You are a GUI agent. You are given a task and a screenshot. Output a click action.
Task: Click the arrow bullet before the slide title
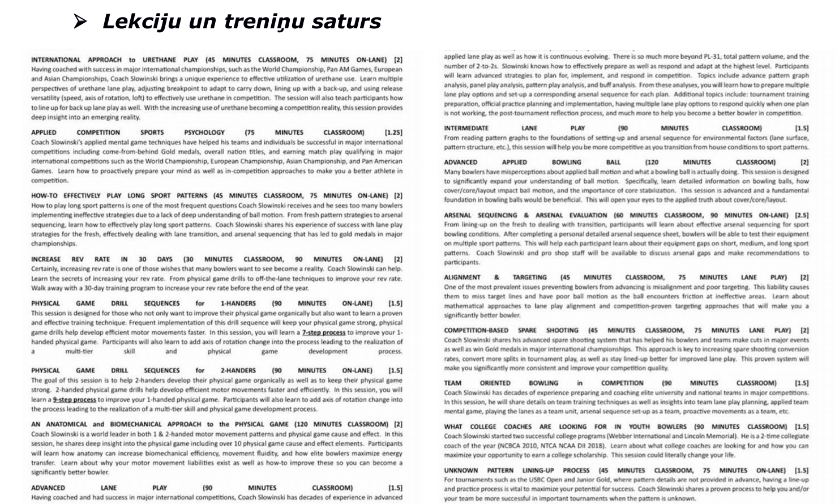point(80,22)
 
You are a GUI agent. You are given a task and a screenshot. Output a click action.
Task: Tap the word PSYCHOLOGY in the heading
point(204,133)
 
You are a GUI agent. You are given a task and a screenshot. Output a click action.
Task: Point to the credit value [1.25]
point(393,133)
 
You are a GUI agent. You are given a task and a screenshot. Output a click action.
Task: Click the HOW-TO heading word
point(45,195)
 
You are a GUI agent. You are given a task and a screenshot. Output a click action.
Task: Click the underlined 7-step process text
point(323,332)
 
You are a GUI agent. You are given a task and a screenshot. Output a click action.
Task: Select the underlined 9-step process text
point(74,399)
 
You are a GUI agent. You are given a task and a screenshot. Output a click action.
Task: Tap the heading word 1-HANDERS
point(238,304)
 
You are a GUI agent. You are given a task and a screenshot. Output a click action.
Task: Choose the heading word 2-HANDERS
point(238,370)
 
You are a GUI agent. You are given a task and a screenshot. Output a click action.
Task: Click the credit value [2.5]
point(801,215)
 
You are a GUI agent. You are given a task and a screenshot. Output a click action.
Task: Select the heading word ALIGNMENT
point(462,277)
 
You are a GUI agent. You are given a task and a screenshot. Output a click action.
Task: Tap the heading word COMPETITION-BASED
point(476,330)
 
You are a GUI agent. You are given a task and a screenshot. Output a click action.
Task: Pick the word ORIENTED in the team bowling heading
point(495,383)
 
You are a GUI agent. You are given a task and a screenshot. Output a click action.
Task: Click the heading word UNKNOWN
point(461,471)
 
